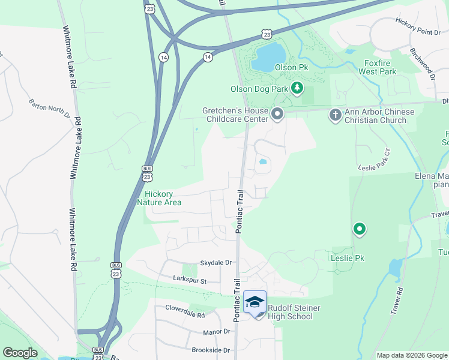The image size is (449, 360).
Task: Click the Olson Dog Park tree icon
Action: tap(297, 88)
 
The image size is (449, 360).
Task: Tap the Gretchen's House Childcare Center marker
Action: tap(277, 113)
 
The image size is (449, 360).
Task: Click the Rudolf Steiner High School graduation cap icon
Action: tap(255, 302)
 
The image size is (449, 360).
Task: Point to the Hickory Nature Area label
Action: tap(163, 198)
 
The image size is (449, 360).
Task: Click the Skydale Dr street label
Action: tap(215, 263)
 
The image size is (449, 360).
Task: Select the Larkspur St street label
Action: tap(190, 280)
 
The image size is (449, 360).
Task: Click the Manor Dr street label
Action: tap(217, 331)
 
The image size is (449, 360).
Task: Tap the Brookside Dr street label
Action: tap(211, 349)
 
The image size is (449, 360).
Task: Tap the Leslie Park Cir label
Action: tap(374, 160)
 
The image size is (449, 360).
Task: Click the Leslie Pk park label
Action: tap(347, 258)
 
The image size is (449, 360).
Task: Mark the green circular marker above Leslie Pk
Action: tap(360, 229)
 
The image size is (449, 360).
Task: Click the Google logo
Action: tap(20, 352)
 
